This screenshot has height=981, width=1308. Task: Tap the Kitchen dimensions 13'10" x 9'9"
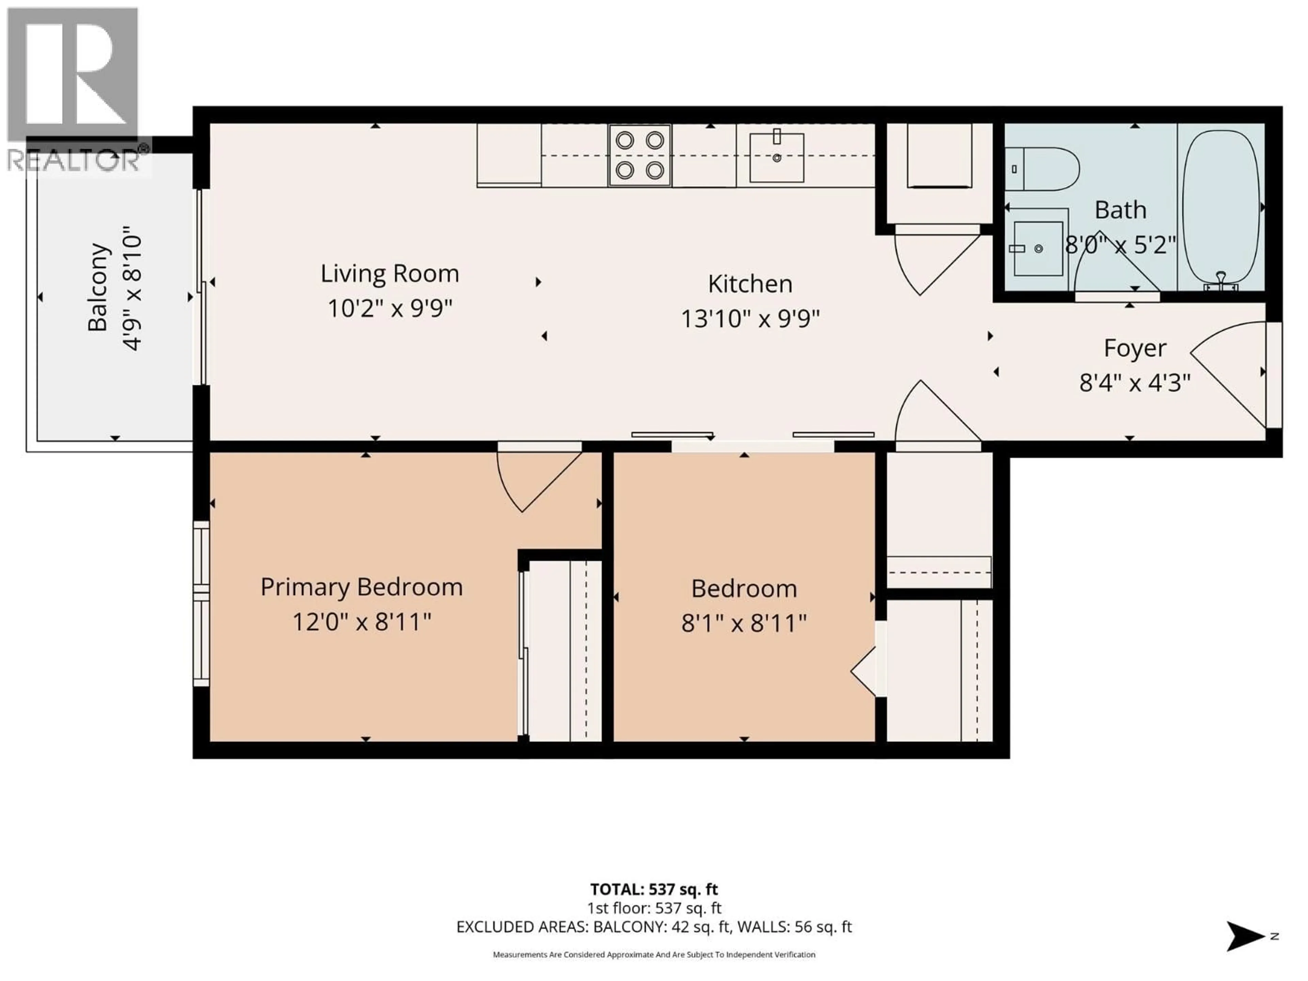(750, 319)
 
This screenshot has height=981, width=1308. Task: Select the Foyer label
(1135, 348)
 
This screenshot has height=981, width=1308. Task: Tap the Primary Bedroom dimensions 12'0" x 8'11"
(362, 622)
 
